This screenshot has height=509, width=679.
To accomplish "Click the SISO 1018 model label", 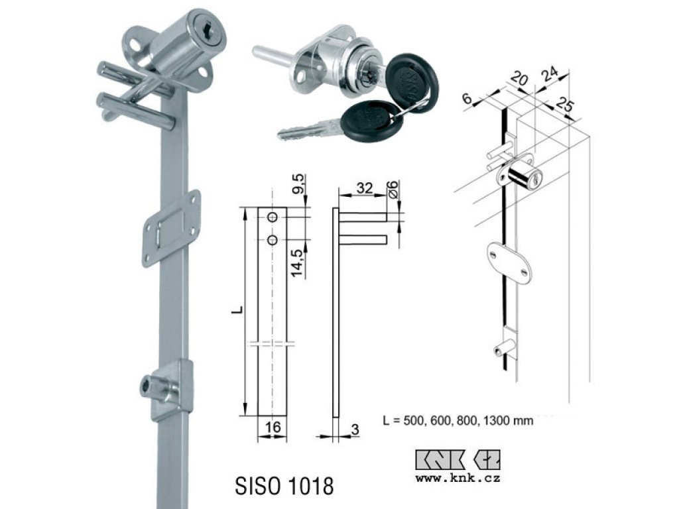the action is point(284,486).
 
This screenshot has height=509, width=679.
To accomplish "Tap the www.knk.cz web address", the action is point(458,479).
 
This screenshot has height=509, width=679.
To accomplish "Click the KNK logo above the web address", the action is point(458,460).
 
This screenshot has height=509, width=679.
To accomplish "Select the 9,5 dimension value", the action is point(300,185).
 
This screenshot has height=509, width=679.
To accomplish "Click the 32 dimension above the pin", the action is point(364,188).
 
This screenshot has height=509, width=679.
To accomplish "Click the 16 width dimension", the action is point(273,427).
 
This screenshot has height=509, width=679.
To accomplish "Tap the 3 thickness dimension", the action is point(355,429).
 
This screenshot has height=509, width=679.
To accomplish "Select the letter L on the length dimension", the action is point(238,310).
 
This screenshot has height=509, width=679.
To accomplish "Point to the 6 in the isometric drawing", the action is point(467,98).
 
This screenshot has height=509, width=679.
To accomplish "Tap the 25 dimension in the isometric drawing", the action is point(565,105).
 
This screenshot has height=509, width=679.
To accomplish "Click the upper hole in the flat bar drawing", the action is point(273,217).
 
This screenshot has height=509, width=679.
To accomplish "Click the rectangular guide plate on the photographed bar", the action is point(172,228).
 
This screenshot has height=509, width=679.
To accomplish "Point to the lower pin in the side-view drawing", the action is point(363,239).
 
